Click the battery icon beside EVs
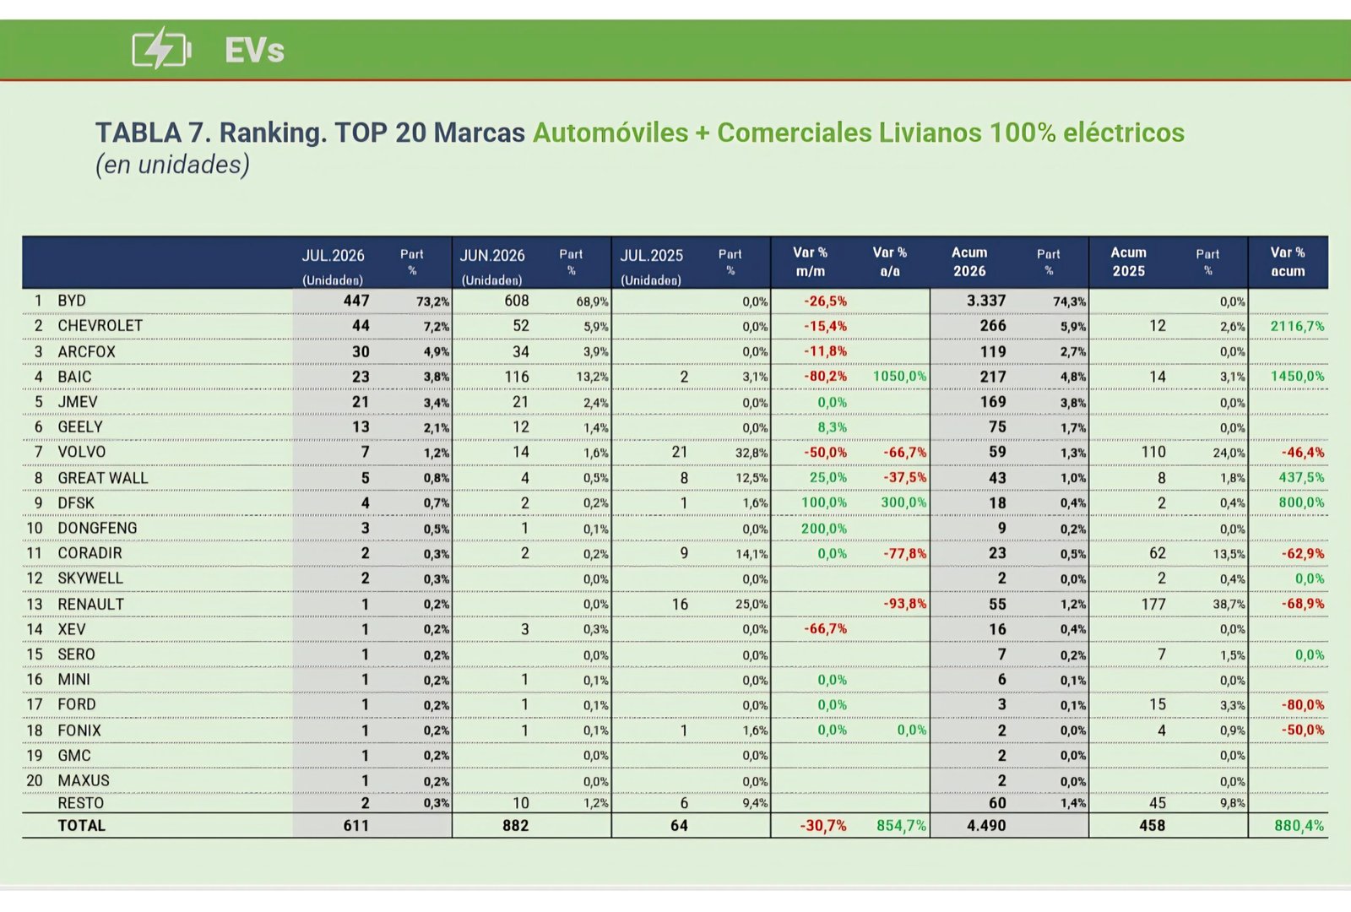pyautogui.click(x=161, y=48)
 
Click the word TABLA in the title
pyautogui.click(x=138, y=133)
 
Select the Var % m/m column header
pyautogui.click(x=810, y=262)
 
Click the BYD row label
pyautogui.click(x=72, y=301)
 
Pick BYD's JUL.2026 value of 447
pyautogui.click(x=355, y=301)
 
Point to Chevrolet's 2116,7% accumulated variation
pyautogui.click(x=1297, y=326)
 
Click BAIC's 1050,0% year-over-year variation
pyautogui.click(x=899, y=377)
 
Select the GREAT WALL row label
pyautogui.click(x=102, y=478)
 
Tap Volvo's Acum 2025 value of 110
pyautogui.click(x=1153, y=452)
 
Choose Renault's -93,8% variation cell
pyautogui.click(x=904, y=604)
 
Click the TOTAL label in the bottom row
pyautogui.click(x=81, y=825)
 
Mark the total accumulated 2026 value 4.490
pyautogui.click(x=986, y=825)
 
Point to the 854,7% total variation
pyautogui.click(x=901, y=825)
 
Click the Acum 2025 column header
pyautogui.click(x=1128, y=262)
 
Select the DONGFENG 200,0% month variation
pyautogui.click(x=824, y=529)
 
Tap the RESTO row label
pyautogui.click(x=81, y=803)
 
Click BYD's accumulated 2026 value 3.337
pyautogui.click(x=986, y=301)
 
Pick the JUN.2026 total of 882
pyautogui.click(x=516, y=825)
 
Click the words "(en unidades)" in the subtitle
pyautogui.click(x=172, y=165)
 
